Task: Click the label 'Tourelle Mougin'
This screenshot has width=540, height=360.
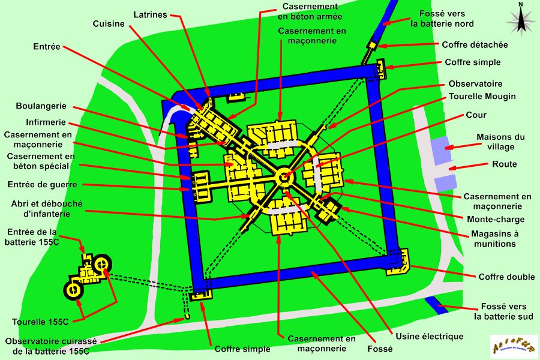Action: coord(482,96)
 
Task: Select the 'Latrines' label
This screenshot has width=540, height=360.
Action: coord(150,14)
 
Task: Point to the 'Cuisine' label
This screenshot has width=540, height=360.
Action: coord(109,24)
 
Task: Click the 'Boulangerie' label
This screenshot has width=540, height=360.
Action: coord(41,106)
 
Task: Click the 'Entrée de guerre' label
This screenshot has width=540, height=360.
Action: coord(43,184)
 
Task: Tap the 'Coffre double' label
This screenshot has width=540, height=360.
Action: coord(506,277)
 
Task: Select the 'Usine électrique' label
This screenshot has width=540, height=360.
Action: coord(429,336)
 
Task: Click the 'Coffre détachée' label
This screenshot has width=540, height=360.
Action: coord(475,44)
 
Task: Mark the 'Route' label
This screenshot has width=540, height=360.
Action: coord(504,164)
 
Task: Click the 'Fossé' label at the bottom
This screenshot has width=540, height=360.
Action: coord(380,349)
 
